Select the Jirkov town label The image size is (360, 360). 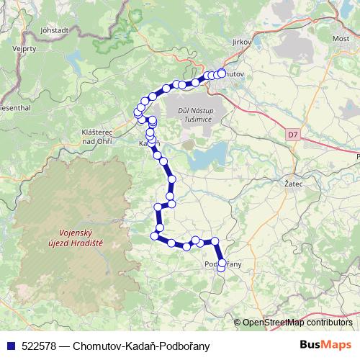tap(241, 42)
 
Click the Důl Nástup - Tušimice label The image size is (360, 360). tap(195, 114)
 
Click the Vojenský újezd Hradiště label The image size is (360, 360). tap(77, 238)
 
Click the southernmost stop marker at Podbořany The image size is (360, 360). tap(222, 271)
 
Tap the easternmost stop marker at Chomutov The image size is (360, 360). tap(222, 73)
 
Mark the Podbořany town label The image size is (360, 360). tap(224, 264)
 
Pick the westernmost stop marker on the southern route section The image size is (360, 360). tap(154, 235)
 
